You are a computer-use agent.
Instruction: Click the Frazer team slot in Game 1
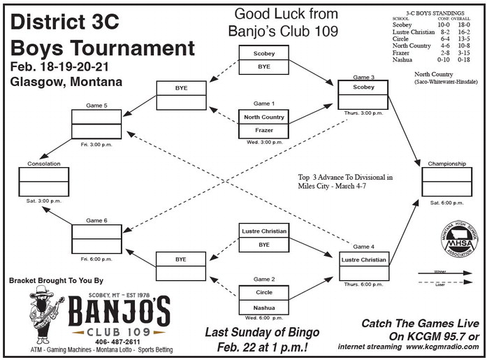tap(263, 131)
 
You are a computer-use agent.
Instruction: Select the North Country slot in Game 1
tap(263, 117)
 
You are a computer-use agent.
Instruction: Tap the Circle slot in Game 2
tap(263, 292)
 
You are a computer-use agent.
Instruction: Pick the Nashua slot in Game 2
tap(263, 307)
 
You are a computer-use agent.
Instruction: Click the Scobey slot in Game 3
tap(363, 87)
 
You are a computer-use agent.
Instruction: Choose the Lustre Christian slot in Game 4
tap(363, 260)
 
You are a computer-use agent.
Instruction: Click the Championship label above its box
tap(446, 164)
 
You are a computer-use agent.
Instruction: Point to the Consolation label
tap(43, 164)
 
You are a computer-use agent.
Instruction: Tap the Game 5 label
tap(96, 106)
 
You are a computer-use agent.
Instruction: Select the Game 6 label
tap(96, 220)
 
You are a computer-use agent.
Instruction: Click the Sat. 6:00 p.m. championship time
tap(446, 203)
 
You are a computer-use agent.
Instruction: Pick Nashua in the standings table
tap(403, 59)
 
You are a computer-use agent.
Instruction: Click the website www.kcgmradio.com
tap(444, 347)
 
